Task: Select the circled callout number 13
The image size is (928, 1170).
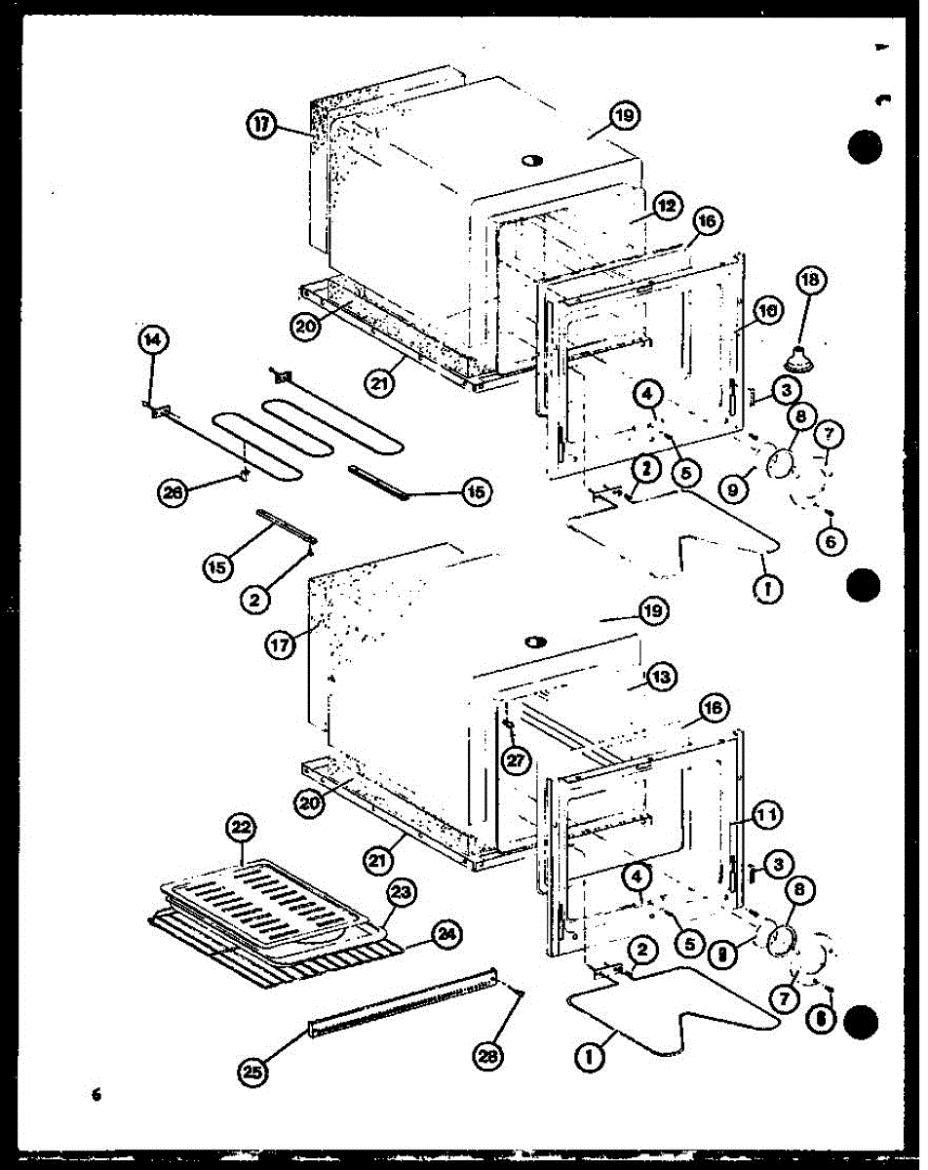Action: [x=660, y=676]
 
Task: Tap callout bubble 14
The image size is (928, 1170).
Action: [x=152, y=340]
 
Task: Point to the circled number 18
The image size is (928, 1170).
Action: [x=810, y=281]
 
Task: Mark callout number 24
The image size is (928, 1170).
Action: [x=446, y=935]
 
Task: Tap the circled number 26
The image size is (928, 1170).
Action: [x=171, y=493]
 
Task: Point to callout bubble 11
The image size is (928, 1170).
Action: [x=766, y=813]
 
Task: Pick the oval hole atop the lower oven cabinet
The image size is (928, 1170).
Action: [x=535, y=642]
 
